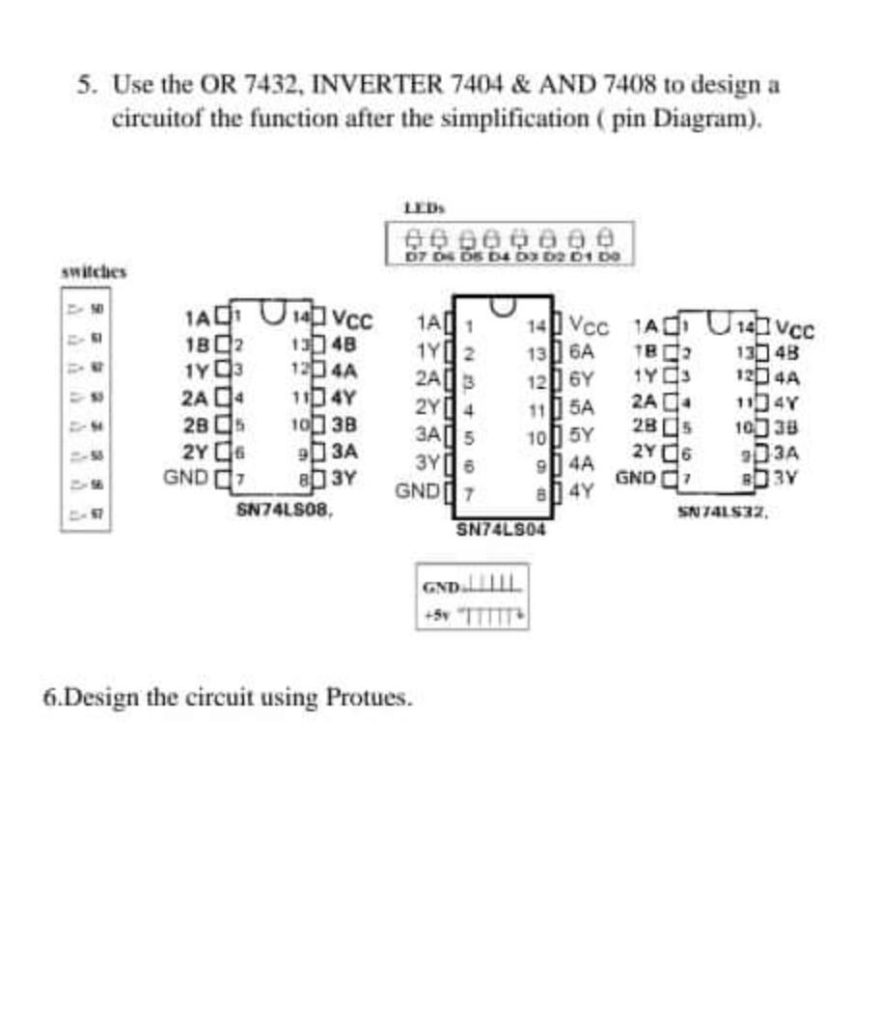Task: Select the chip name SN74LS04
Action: pyautogui.click(x=501, y=529)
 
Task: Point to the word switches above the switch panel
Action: pyautogui.click(x=94, y=272)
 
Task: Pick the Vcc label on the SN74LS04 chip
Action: pyautogui.click(x=589, y=324)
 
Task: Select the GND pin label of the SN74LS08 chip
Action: pyautogui.click(x=185, y=476)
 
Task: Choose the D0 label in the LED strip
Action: pyautogui.click(x=609, y=257)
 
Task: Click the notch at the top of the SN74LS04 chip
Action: pyautogui.click(x=501, y=307)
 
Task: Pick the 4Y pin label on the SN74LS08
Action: pyautogui.click(x=344, y=396)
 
